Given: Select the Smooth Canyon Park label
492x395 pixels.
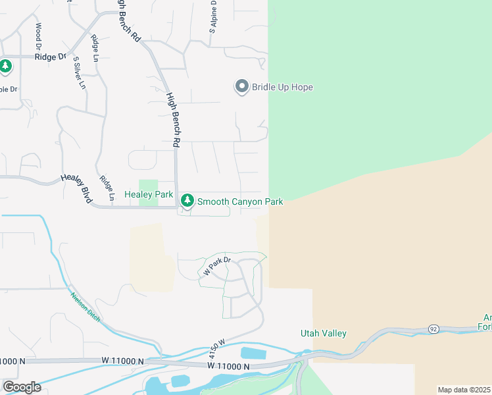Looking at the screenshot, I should point(240,201).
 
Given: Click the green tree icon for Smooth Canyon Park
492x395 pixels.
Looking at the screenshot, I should point(187,199).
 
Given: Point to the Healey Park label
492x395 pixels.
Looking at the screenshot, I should point(148,195).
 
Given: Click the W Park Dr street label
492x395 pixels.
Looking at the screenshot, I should point(217,266).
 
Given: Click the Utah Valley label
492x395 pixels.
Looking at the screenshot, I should point(324,334).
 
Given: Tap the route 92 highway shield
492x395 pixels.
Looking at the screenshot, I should point(433,328).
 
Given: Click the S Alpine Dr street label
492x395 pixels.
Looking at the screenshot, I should point(213,17).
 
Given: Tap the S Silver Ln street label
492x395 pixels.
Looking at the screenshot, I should point(79,72).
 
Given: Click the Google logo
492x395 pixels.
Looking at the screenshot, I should point(22,386).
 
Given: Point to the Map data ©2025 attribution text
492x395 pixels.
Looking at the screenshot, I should point(464,390).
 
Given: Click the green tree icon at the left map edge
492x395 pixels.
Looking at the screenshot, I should point(5,66).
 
